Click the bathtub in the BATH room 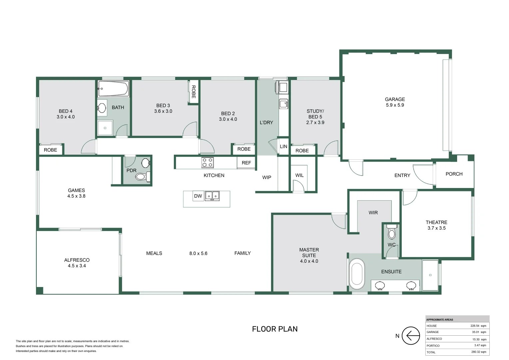coord(113,89)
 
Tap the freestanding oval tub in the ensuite coord(357,273)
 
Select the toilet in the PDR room coord(142,176)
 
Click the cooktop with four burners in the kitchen coord(207,163)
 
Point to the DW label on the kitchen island coord(198,196)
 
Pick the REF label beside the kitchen coord(246,163)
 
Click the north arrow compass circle coord(410,336)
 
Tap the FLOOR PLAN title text coord(274,329)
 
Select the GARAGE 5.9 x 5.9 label coord(395,102)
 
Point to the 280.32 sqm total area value coord(478,352)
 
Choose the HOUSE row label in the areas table coord(431,326)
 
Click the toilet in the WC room coord(392,233)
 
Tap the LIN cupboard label coord(283,146)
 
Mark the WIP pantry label coord(266,177)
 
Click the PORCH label coord(454,174)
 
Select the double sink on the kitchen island coord(212,196)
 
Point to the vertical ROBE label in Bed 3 coord(193,92)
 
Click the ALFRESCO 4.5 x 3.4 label coord(77,263)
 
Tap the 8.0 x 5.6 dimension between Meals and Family coord(198,253)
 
